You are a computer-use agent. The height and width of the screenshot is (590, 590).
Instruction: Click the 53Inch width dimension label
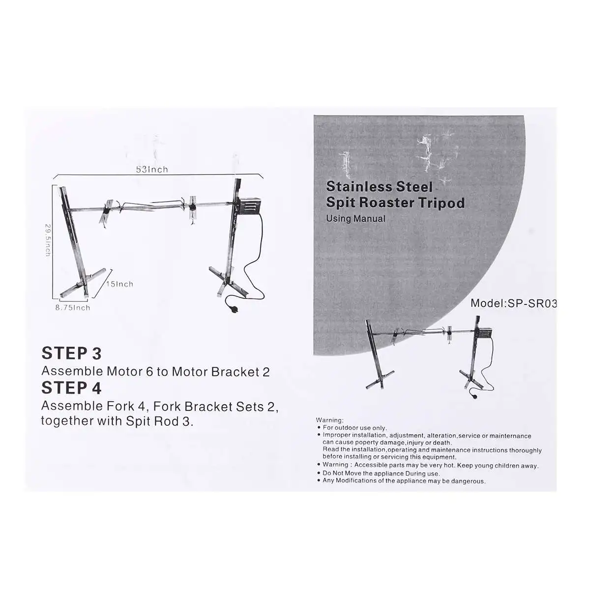152,170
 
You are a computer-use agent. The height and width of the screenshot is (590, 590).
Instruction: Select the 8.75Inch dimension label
72,308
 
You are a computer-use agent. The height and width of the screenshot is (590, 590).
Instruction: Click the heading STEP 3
71,353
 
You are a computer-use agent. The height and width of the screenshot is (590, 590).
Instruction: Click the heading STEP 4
71,388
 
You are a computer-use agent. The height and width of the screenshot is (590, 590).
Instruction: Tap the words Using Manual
355,218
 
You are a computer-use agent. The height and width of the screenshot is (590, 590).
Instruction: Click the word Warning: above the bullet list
329,420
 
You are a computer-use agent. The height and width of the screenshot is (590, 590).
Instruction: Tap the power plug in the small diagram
474,400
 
